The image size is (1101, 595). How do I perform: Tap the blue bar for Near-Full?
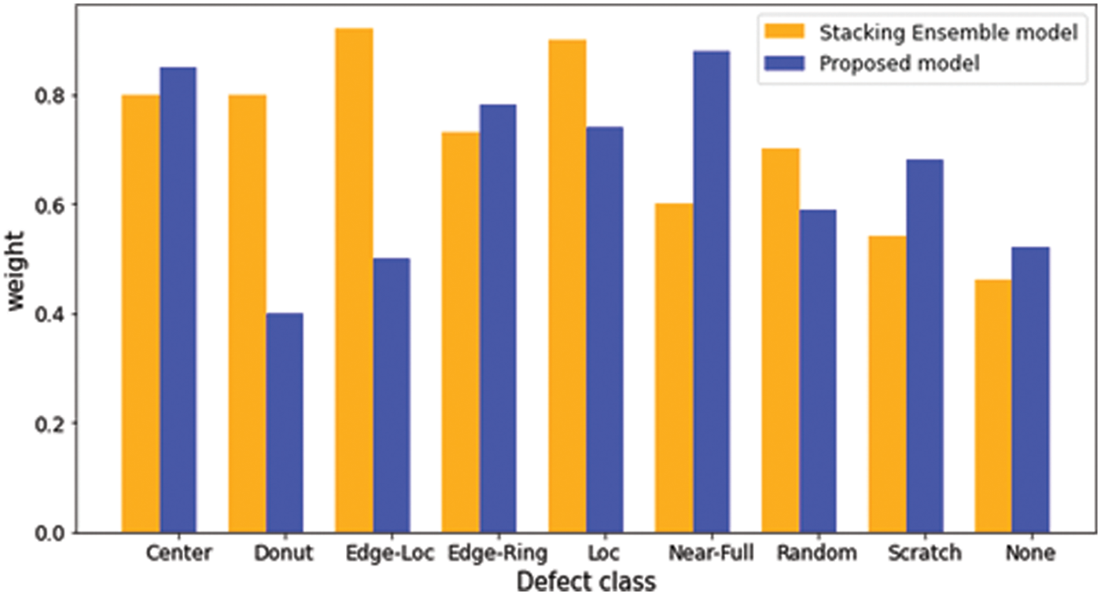[x=712, y=292]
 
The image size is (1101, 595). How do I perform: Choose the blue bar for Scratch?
[x=925, y=346]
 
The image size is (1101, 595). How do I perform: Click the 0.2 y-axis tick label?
[x=52, y=424]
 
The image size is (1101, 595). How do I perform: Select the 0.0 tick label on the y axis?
[x=52, y=534]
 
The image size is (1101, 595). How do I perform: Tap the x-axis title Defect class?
[x=586, y=582]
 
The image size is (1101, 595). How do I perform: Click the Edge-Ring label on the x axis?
[x=497, y=553]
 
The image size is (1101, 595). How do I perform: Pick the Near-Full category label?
[x=711, y=553]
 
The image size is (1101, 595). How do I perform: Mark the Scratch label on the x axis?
[x=924, y=553]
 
